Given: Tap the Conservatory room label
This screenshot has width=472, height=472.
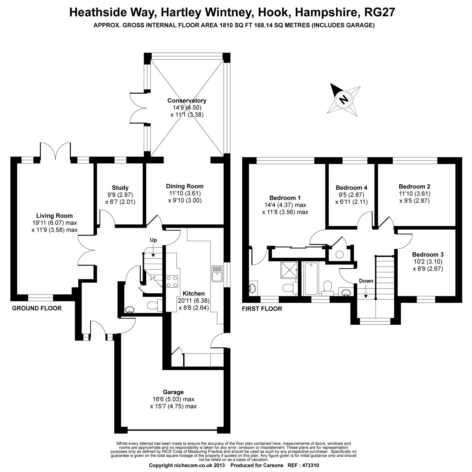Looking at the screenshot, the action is coord(187,101).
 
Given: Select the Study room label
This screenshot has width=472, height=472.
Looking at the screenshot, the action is coord(120,188).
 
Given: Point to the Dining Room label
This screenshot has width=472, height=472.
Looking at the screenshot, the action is coord(185,186).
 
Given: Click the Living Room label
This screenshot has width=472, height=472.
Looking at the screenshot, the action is coord(54,216).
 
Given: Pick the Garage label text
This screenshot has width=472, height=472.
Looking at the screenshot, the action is coord(173,392).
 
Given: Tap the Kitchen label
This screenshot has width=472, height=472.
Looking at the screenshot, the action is coord(194,294).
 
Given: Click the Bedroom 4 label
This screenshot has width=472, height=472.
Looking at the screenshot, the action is coord(351,188).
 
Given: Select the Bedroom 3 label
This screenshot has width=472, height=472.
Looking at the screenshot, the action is coord(428,255).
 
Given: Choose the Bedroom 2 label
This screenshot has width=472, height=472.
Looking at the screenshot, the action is coord(414,186).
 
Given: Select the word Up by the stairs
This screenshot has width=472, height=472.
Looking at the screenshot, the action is coord(153,240).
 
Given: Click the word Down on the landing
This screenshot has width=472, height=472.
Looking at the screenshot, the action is coord(366,281).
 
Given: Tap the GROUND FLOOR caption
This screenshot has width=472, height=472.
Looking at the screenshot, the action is coord(37,308).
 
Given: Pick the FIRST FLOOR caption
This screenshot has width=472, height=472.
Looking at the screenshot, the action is coord(262,309).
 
